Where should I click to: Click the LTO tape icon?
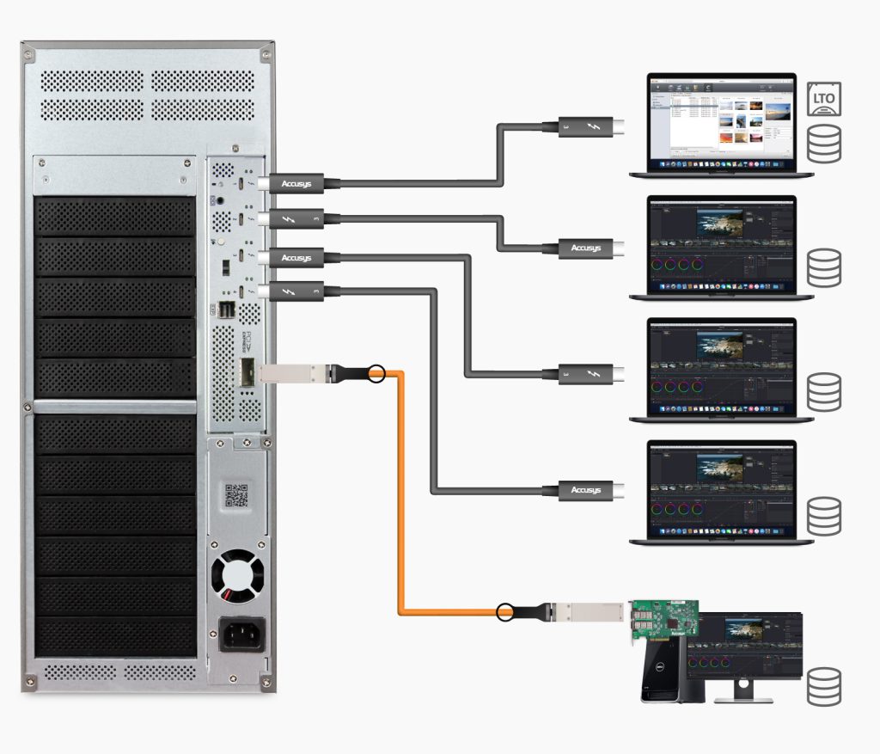[x=824, y=99]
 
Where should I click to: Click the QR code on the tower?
[x=236, y=496]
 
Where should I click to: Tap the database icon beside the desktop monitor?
[x=824, y=686]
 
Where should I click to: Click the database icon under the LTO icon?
[x=824, y=144]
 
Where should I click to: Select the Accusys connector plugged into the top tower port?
[x=296, y=183]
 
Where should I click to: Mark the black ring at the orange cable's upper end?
[x=376, y=373]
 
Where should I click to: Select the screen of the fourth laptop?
[x=722, y=486]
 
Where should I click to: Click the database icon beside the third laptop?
[x=824, y=391]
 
